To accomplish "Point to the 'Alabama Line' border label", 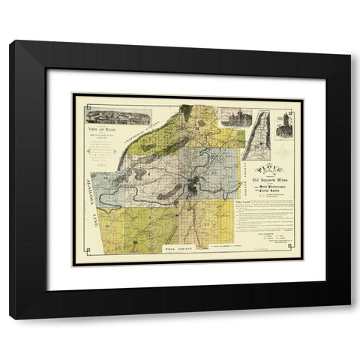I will (95, 196).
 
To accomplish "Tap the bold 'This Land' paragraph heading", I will (244, 202).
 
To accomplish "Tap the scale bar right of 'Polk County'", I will (225, 265).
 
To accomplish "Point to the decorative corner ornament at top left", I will (77, 98).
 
